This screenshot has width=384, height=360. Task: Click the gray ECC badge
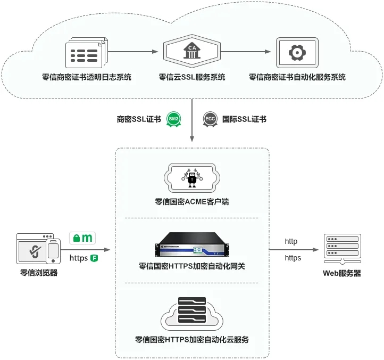(x=210, y=119)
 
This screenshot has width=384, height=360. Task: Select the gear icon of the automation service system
(x=296, y=52)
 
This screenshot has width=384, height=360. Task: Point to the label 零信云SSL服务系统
(x=192, y=77)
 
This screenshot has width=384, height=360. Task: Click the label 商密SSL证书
(x=139, y=119)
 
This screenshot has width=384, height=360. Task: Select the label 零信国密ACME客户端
(x=192, y=202)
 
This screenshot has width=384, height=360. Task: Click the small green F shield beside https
(x=94, y=258)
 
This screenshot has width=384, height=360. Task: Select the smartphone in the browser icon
(x=53, y=250)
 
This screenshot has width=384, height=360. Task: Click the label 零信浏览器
(x=38, y=273)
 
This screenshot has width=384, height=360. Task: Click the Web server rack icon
(x=342, y=249)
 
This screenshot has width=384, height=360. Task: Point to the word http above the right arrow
(x=291, y=242)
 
